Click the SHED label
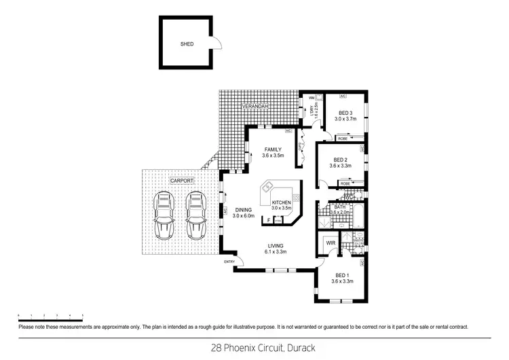pos(187,44)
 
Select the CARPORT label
pos(181,181)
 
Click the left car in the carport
pos(164,215)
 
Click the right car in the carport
pos(196,215)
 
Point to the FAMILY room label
pos(273,150)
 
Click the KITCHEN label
pos(281,203)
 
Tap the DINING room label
pos(243,210)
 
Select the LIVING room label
pos(276,246)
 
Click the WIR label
pos(331,242)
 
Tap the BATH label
pos(339,206)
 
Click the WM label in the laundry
pos(311,98)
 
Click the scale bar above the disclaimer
pos(51,316)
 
